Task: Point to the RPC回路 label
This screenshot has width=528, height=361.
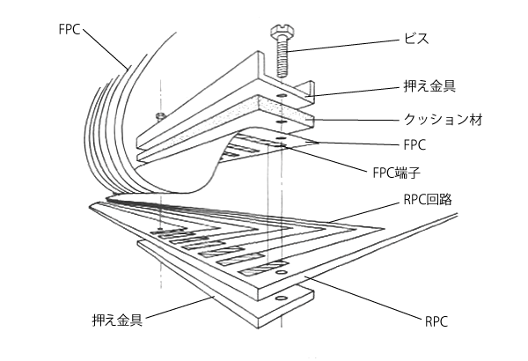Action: click(430, 199)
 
